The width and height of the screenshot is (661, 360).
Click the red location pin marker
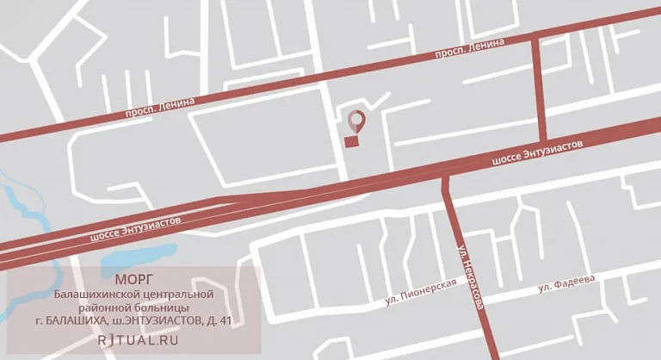point(355,121)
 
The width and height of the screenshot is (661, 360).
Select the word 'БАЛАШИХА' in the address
point(77,321)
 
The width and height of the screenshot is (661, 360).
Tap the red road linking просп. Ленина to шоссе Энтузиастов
point(542,87)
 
